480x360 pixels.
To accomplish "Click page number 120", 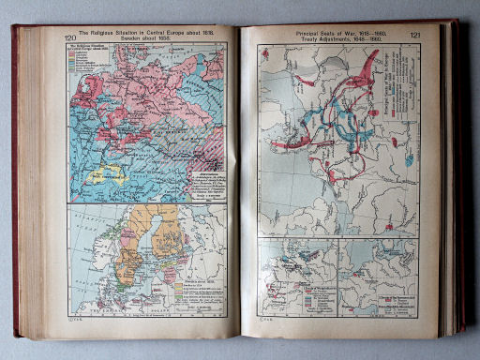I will [70, 37].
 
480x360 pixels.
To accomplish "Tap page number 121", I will [414, 37].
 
